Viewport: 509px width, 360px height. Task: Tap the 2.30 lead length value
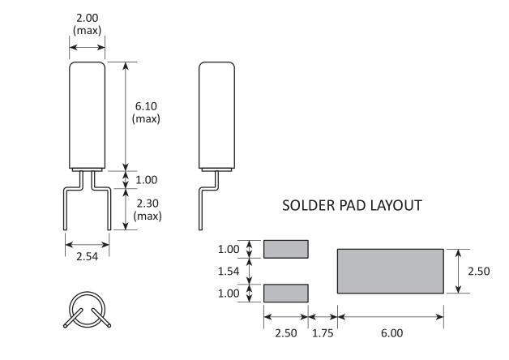[x=146, y=203]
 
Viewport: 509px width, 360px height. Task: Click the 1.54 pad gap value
[x=229, y=271]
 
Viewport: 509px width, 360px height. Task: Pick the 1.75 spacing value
[x=323, y=332]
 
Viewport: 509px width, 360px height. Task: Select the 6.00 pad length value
[x=391, y=332]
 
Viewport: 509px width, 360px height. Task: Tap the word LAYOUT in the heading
[x=396, y=206]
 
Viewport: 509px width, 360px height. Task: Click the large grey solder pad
[x=390, y=271]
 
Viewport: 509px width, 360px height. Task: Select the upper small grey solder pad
[x=286, y=248]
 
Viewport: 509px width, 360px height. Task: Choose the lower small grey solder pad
[x=286, y=293]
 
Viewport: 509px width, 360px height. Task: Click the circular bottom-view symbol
[x=86, y=311]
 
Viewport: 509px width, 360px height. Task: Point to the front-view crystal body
[x=87, y=114]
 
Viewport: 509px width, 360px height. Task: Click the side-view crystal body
[x=216, y=114]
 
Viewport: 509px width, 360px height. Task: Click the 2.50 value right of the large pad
[x=478, y=272]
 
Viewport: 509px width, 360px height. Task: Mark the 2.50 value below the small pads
[x=286, y=332]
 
